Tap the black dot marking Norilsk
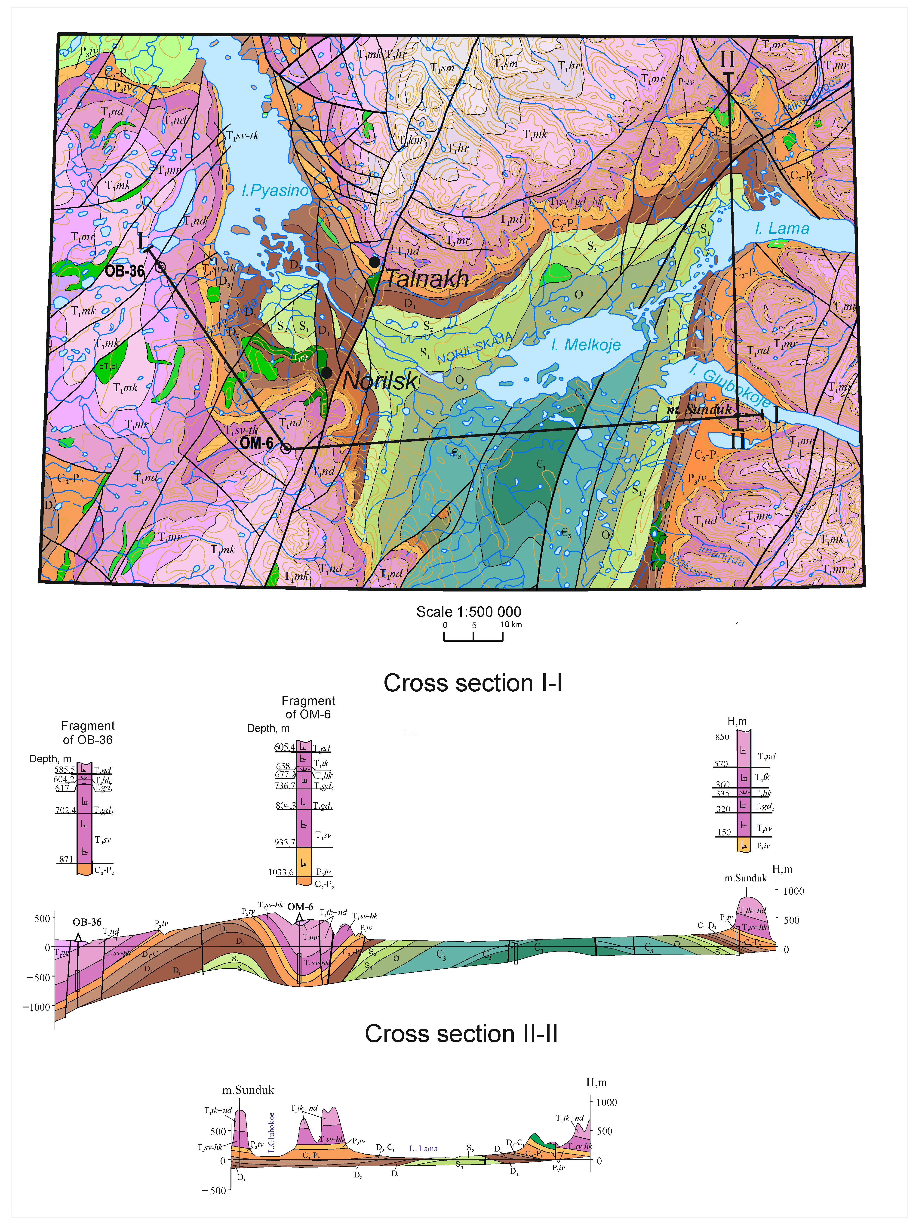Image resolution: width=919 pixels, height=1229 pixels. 327,373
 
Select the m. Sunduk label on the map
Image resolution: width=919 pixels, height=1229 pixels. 700,410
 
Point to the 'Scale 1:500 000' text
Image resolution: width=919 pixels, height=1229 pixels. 468,612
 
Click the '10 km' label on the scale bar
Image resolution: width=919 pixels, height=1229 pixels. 511,625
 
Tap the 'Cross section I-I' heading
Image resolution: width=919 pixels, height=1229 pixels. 473,683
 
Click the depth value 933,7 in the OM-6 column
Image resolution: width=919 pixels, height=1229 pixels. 284,842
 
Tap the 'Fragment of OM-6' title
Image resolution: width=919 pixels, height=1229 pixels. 308,707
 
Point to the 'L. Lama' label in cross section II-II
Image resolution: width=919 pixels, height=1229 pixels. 423,1149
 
